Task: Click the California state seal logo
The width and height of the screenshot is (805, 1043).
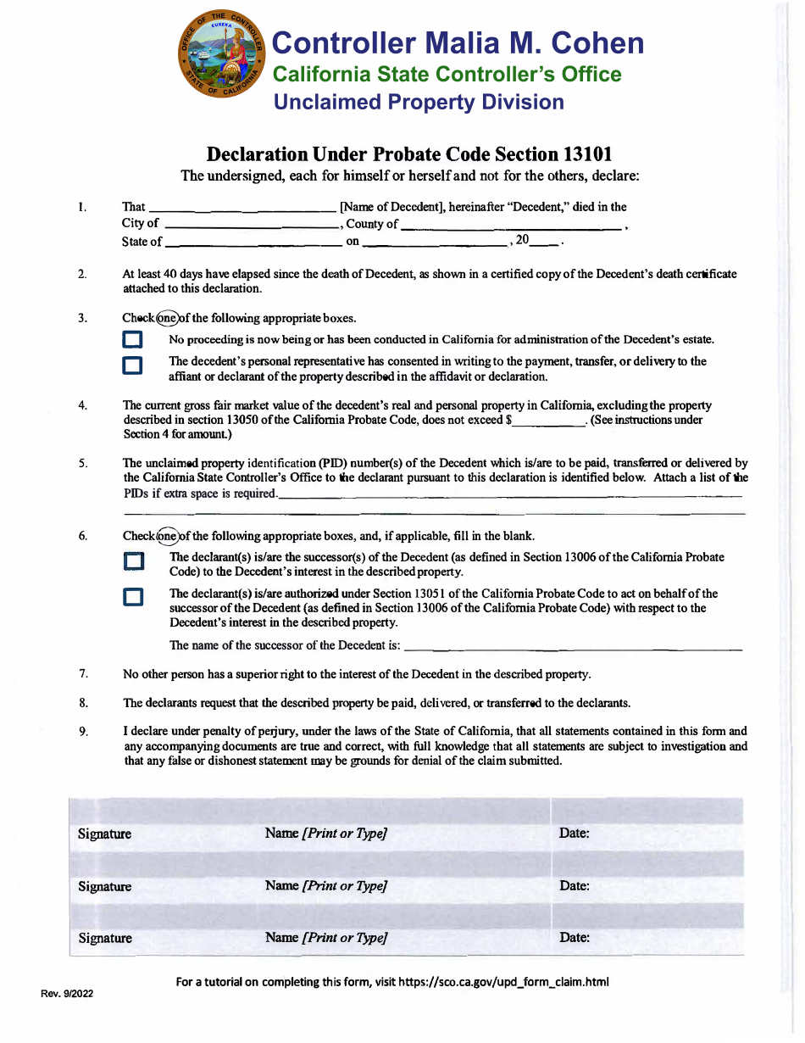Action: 221,57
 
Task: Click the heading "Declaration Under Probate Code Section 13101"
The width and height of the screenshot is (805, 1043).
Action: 409,154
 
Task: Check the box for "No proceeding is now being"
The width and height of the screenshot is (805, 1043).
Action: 132,340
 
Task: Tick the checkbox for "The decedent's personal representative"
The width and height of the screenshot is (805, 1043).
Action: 132,365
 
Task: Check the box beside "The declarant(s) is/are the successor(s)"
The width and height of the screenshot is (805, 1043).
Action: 133,562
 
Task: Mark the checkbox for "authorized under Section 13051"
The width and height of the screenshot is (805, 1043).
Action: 132,598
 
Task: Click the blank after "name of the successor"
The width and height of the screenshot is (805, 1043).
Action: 573,647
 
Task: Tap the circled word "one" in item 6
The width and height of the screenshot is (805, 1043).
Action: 167,536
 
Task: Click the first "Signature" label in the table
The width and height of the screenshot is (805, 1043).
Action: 105,834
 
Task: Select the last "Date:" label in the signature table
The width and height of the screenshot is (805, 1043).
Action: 575,938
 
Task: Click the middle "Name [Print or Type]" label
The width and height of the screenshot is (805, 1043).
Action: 326,886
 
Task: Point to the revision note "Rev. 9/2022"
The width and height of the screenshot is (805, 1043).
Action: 68,994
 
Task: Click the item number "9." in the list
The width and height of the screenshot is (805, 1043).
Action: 84,732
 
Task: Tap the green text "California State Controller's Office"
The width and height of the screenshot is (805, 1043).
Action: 447,75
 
